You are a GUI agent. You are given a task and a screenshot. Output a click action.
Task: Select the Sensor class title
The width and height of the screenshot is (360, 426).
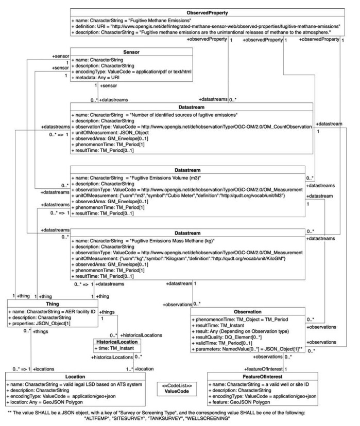click(132, 52)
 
